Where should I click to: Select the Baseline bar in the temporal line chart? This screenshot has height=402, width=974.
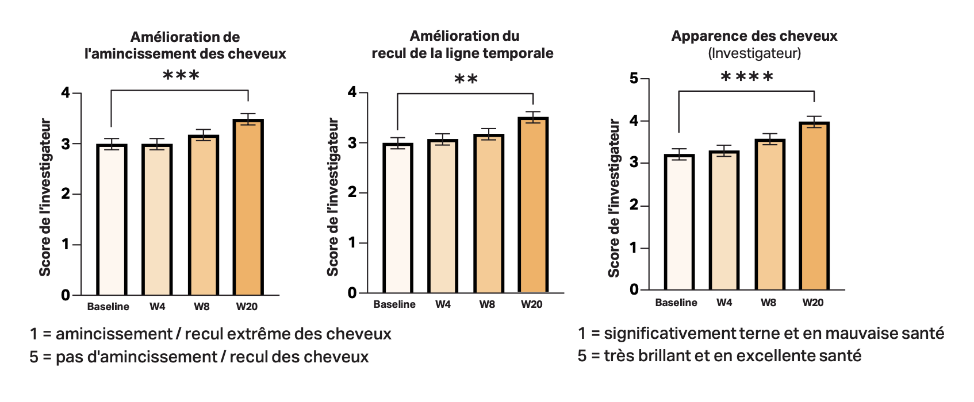[397, 218]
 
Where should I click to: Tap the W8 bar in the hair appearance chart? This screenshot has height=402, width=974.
[769, 215]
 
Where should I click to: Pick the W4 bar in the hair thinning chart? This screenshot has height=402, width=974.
[157, 219]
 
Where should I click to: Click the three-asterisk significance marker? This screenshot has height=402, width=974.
[181, 76]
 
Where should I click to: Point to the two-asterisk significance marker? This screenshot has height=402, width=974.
[466, 79]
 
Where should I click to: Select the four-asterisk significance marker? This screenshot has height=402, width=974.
[747, 77]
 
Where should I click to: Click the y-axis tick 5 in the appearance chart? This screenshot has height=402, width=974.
[634, 78]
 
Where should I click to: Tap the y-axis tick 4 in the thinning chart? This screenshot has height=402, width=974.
[66, 93]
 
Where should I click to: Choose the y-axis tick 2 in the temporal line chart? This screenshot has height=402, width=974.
[352, 192]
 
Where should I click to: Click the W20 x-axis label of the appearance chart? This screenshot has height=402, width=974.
[813, 303]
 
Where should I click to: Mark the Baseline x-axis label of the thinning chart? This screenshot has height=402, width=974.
[108, 307]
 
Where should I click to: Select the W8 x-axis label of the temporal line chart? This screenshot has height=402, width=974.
[487, 304]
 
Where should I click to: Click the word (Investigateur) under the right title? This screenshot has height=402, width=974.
[754, 53]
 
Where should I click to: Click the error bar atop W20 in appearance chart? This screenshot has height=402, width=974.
[814, 121]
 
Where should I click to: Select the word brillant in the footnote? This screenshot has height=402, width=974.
[664, 356]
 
